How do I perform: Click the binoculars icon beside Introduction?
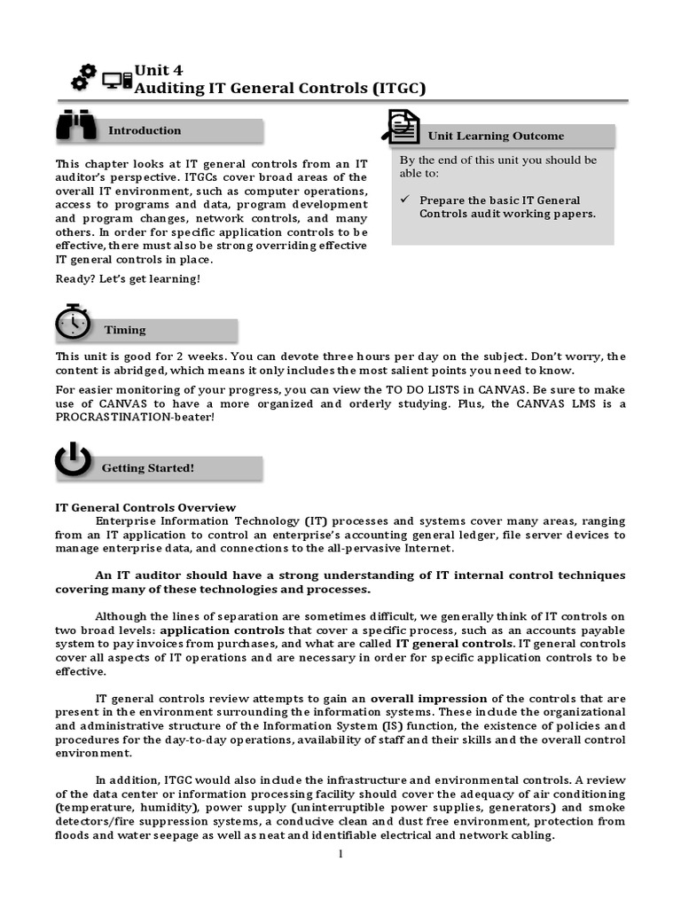pyautogui.click(x=76, y=127)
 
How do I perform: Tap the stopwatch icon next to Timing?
pyautogui.click(x=72, y=323)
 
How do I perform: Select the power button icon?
pyautogui.click(x=73, y=461)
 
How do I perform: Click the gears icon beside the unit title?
pyautogui.click(x=83, y=77)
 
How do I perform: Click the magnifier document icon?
pyautogui.click(x=400, y=127)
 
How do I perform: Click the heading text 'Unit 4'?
pyautogui.click(x=158, y=70)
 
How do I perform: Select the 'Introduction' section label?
pyautogui.click(x=145, y=130)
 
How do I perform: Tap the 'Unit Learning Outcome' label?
pyautogui.click(x=496, y=136)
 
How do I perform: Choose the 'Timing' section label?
pyautogui.click(x=125, y=330)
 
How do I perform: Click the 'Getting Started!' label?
pyautogui.click(x=148, y=467)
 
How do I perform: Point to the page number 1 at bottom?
pyautogui.click(x=340, y=854)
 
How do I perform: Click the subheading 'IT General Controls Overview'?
pyautogui.click(x=145, y=507)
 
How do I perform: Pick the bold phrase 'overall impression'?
pyautogui.click(x=428, y=698)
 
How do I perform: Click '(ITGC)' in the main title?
pyautogui.click(x=385, y=88)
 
